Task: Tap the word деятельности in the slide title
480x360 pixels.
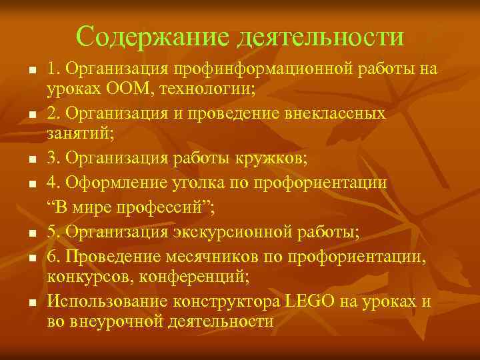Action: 319,36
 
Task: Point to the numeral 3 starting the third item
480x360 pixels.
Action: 51,159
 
